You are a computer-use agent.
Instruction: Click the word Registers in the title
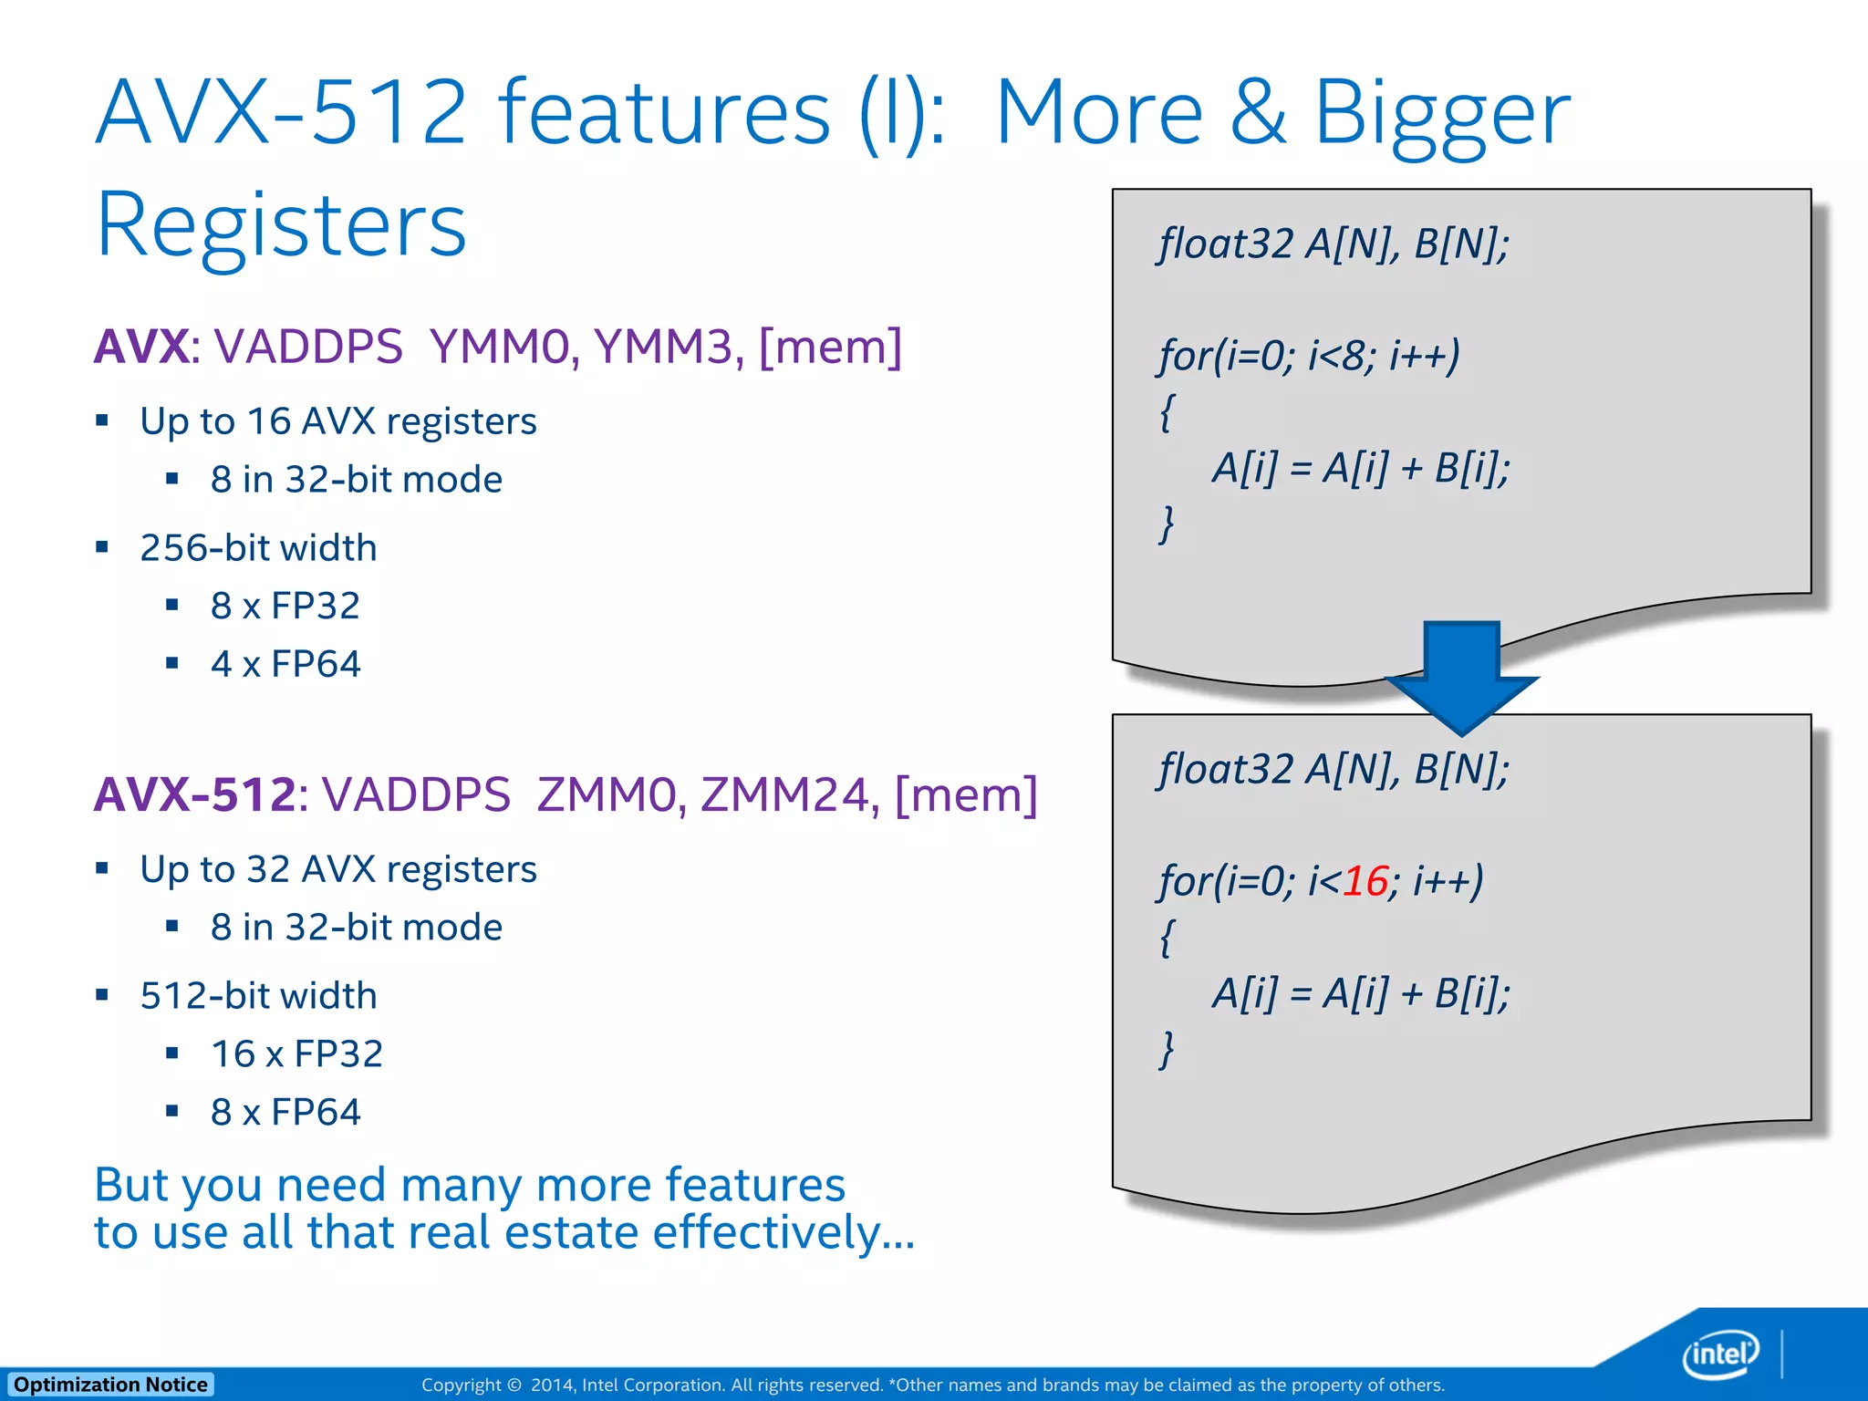click(281, 225)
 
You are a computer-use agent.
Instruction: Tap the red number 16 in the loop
click(1365, 881)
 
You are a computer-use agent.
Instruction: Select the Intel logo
click(1720, 1354)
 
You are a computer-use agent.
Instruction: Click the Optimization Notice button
click(110, 1385)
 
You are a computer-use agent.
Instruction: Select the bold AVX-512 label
click(194, 795)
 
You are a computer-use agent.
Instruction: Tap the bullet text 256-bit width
click(258, 548)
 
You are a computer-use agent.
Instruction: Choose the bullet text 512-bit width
click(258, 996)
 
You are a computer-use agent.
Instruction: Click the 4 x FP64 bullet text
click(285, 664)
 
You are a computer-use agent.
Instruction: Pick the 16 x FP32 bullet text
click(296, 1054)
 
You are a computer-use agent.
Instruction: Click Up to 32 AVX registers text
click(338, 869)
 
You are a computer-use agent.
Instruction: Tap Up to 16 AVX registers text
click(338, 421)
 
